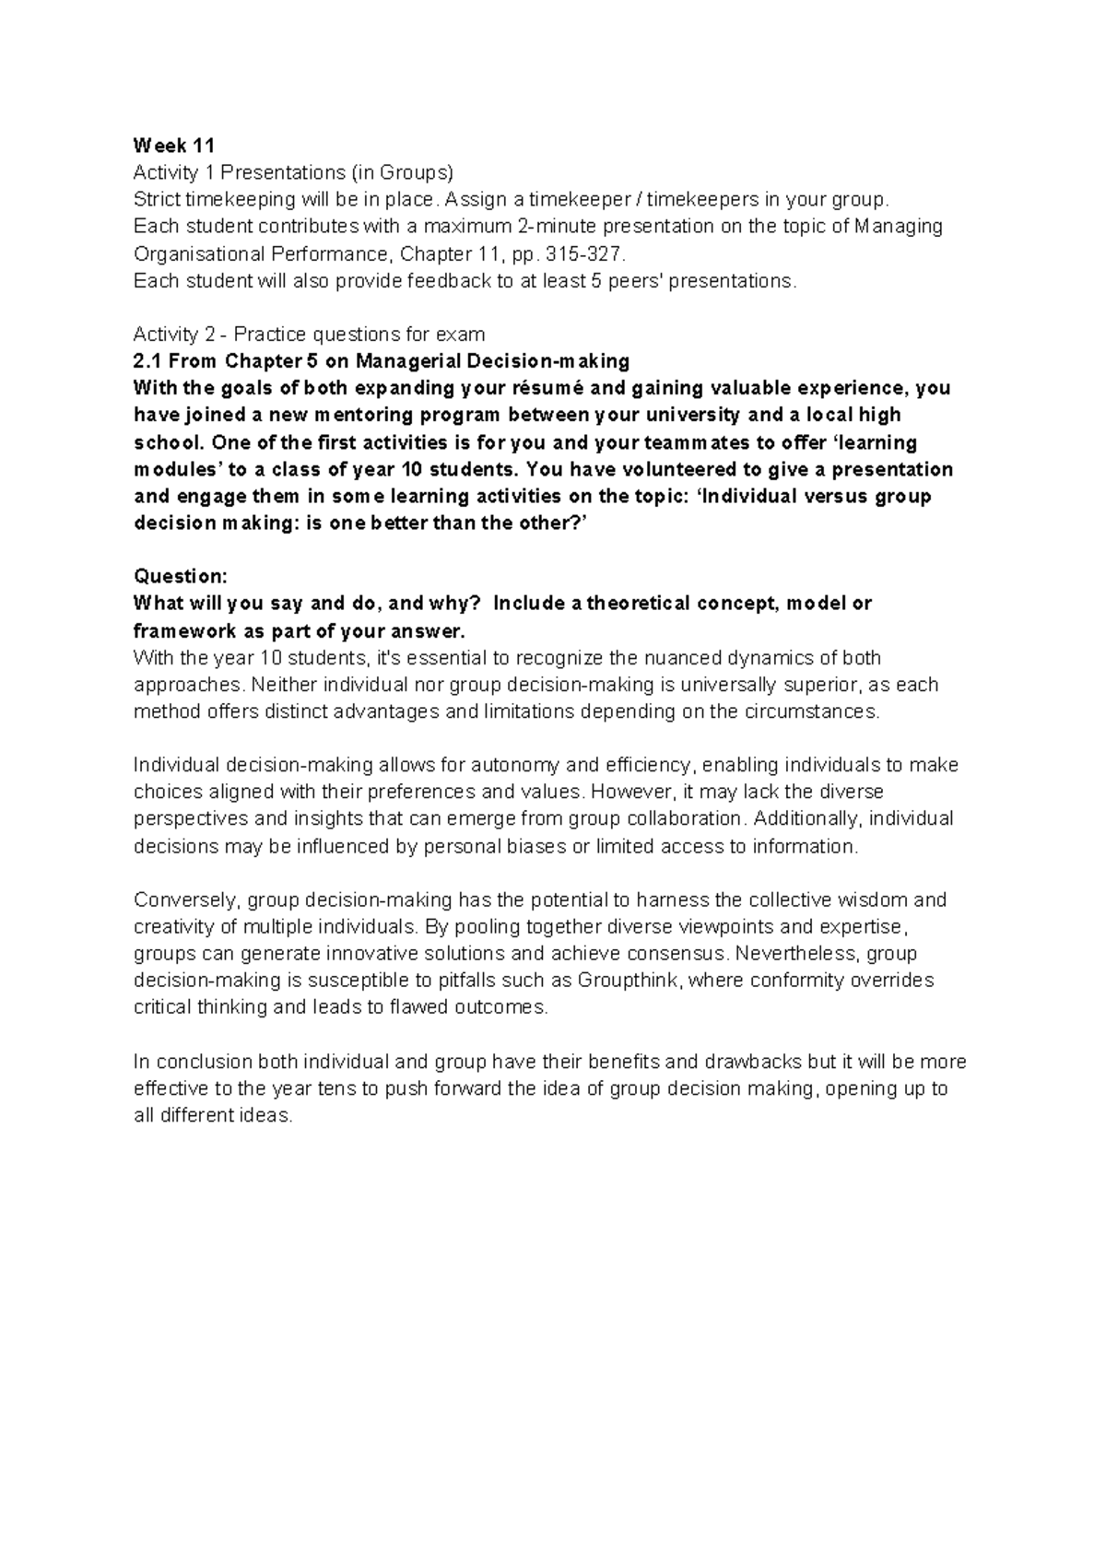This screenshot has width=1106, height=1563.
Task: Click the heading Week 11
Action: coord(173,146)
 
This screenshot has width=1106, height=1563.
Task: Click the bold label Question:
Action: coord(180,577)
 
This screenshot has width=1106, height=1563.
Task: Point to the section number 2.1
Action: coord(147,361)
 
